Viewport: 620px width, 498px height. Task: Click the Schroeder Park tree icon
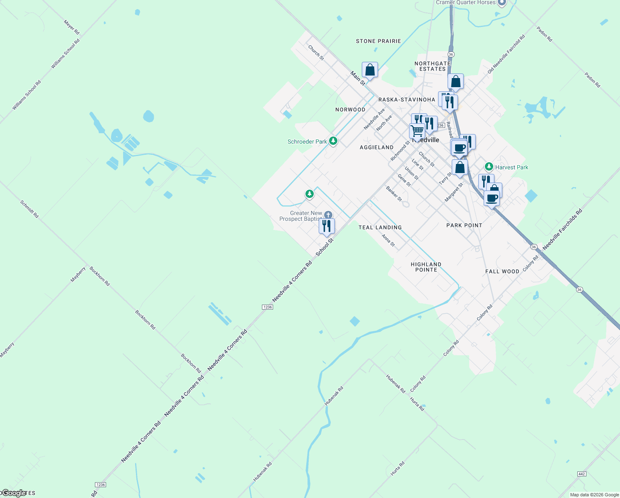(x=333, y=141)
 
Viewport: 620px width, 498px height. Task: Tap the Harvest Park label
(x=511, y=167)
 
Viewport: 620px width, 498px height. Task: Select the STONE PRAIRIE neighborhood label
(x=378, y=41)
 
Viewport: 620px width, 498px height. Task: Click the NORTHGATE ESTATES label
(x=432, y=66)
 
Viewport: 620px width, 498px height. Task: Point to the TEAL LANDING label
(x=380, y=227)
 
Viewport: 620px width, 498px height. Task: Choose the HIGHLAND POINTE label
(x=426, y=267)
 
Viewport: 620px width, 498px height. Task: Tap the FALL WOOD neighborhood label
(x=502, y=271)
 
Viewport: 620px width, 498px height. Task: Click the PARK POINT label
(x=464, y=225)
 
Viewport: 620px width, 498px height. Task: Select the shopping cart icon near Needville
(x=417, y=130)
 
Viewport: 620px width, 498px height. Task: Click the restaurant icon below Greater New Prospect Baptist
(x=327, y=226)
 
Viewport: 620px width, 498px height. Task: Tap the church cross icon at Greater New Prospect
(x=328, y=215)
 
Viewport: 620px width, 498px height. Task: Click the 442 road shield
(x=581, y=474)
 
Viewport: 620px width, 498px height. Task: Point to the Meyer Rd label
(x=71, y=27)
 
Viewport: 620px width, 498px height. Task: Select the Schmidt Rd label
(x=29, y=209)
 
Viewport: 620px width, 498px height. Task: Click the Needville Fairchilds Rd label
(x=562, y=229)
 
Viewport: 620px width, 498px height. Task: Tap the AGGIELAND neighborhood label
(x=376, y=147)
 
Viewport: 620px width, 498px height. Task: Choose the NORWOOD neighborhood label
(x=350, y=110)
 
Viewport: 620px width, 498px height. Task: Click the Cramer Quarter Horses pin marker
(x=501, y=2)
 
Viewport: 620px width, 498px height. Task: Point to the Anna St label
(x=388, y=240)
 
